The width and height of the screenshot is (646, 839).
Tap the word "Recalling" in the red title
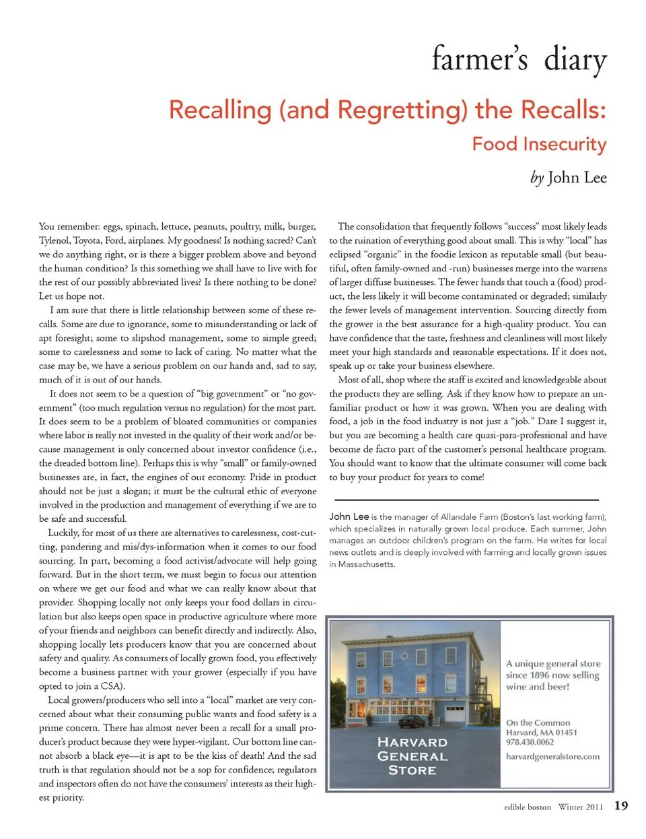pyautogui.click(x=219, y=110)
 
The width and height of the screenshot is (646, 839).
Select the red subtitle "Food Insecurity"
pyautogui.click(x=539, y=144)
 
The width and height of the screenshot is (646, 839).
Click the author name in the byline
pyautogui.click(x=577, y=178)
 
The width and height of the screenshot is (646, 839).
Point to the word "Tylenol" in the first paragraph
pyautogui.click(x=53, y=240)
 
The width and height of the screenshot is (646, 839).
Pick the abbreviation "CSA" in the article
pyautogui.click(x=111, y=686)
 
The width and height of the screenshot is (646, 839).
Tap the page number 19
pyautogui.click(x=621, y=806)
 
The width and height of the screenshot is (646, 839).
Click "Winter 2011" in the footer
pyautogui.click(x=580, y=807)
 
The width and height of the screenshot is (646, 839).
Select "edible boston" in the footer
pyautogui.click(x=527, y=807)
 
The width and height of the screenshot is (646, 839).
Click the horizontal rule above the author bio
pyautogui.click(x=466, y=500)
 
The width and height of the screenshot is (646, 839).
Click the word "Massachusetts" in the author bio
pyautogui.click(x=367, y=564)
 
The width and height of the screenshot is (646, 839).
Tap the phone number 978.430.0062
pyautogui.click(x=530, y=742)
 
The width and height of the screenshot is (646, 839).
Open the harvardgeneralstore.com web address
pyautogui.click(x=552, y=756)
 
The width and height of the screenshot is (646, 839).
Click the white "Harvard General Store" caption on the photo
pyautogui.click(x=412, y=756)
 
